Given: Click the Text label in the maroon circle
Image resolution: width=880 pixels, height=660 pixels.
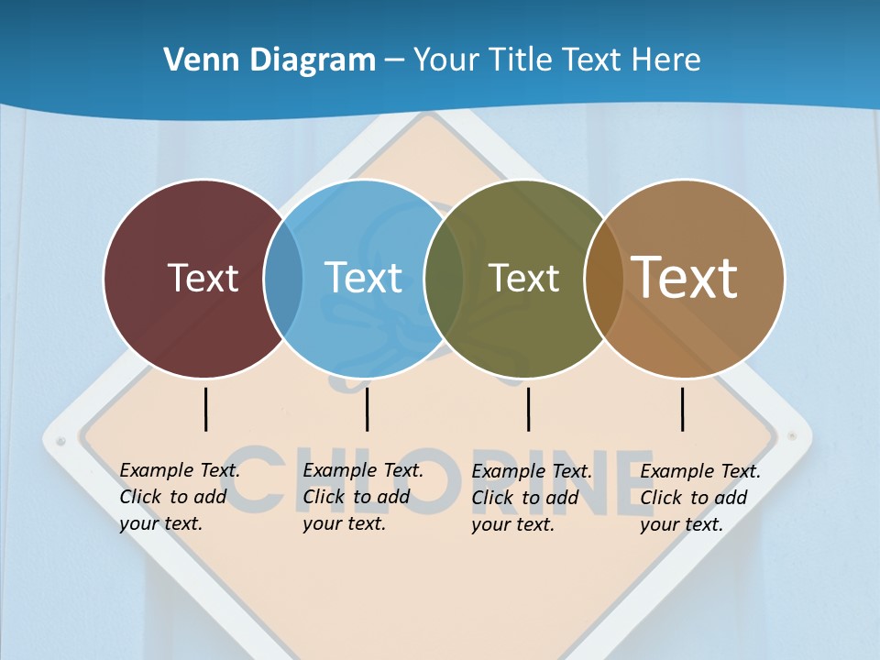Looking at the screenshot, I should pos(203,278).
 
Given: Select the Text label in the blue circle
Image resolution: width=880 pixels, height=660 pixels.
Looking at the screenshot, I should pos(363,278).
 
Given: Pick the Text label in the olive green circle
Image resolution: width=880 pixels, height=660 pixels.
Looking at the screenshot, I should pos(523,278).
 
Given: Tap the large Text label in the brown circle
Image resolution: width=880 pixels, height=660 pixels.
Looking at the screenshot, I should pos(685,278).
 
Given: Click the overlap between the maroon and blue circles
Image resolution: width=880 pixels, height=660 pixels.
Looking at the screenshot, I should pos(283,278).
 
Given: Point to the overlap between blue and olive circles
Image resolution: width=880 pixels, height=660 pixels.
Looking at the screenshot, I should pos(444,278).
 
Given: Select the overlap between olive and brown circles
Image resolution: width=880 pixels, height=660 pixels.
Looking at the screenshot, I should pos(603,278).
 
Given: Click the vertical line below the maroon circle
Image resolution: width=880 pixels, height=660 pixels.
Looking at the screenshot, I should pos(205,409).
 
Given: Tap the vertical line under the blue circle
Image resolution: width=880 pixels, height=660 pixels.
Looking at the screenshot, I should pos(367,409).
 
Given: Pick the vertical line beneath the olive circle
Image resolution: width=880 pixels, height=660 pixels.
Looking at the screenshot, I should pos(528,409).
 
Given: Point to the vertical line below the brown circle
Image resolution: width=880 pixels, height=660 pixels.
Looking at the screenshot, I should pos(682,409).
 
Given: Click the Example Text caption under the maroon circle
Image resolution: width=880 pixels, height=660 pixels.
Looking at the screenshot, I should pos(180,497).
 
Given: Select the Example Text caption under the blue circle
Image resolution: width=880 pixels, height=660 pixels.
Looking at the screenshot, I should pos(363,497).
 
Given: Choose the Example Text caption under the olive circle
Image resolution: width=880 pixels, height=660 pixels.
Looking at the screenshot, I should pos(532,498).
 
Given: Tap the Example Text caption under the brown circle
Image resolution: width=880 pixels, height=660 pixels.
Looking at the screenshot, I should pos(700,498).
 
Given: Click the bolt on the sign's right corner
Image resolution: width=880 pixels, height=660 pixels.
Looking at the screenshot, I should pos(793,436).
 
